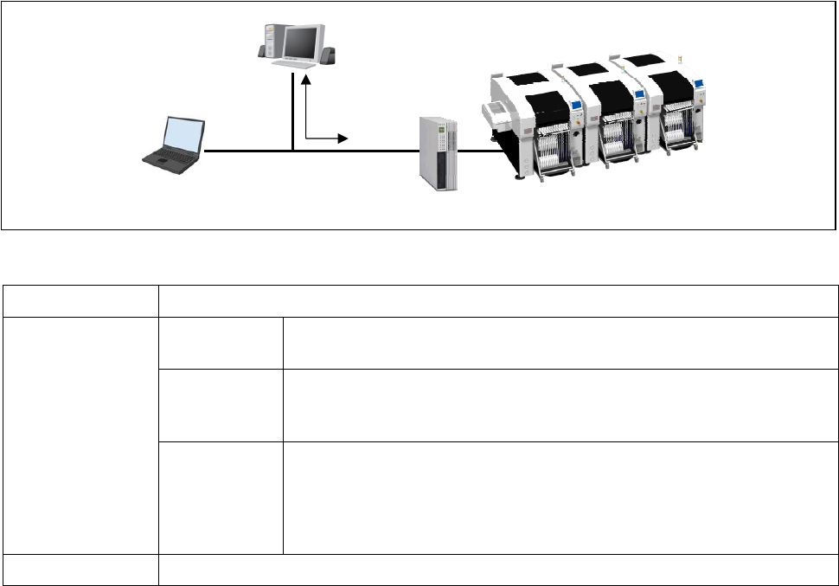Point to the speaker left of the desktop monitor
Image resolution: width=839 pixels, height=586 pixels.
pyautogui.click(x=264, y=50)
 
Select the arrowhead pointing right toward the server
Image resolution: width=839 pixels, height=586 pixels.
pyautogui.click(x=343, y=138)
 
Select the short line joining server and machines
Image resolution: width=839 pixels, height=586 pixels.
pyautogui.click(x=481, y=151)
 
